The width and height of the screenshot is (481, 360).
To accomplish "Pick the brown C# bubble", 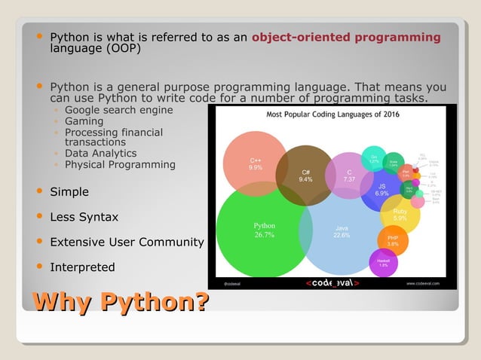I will point(305,176).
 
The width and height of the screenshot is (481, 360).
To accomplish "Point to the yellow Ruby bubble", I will point(400,214).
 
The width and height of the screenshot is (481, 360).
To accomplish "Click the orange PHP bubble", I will point(393,240).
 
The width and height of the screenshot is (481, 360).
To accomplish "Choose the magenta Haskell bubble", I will point(383,262).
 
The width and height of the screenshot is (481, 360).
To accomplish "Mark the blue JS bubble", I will point(381,189).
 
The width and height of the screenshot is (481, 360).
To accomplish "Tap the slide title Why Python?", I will point(120,304).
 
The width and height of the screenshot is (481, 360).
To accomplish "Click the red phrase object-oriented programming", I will point(346,37).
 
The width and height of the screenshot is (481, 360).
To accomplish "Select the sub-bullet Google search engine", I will point(118,110).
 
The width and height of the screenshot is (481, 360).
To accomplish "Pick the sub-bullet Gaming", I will point(84,121).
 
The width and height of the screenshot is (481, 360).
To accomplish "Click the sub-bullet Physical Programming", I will point(120,164).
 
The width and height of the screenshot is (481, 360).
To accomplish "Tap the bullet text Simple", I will point(69,192).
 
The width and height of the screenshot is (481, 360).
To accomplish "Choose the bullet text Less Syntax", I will point(84,217).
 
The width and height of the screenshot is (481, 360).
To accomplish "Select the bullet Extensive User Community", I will point(127,243).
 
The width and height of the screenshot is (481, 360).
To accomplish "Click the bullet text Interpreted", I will point(82,267).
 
